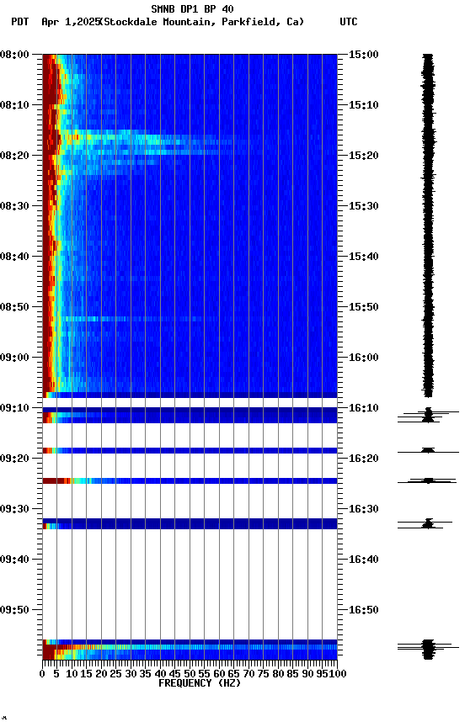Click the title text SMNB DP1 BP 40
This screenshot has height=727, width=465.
192,9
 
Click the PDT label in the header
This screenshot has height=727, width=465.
20,22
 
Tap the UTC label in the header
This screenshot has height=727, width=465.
349,22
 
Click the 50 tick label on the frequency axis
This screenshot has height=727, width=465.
190,674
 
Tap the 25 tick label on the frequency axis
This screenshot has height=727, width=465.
116,674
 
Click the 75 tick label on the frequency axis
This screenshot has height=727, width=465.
264,674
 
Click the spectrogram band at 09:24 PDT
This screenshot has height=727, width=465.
190,481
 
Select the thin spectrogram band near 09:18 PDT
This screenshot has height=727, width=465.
190,451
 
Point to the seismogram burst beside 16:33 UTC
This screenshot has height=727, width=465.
428,524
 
